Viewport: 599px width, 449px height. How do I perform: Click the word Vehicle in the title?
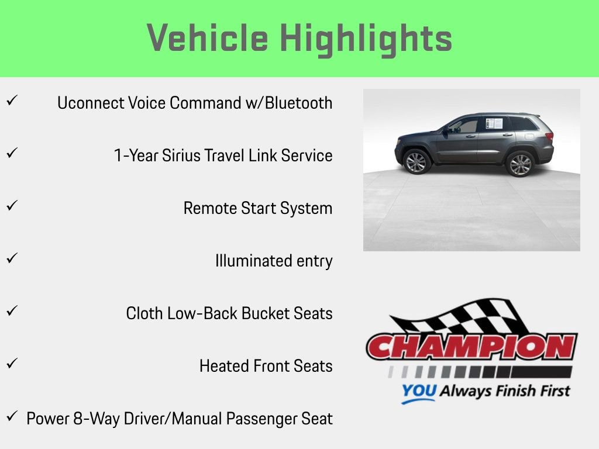point(208,39)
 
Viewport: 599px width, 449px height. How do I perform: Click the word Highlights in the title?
point(366,39)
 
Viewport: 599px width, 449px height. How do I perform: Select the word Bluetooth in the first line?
point(298,103)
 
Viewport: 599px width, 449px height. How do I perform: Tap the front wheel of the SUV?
point(416,162)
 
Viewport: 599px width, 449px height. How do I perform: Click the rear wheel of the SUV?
point(519,164)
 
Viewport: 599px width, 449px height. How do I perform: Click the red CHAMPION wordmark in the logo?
point(471,347)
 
